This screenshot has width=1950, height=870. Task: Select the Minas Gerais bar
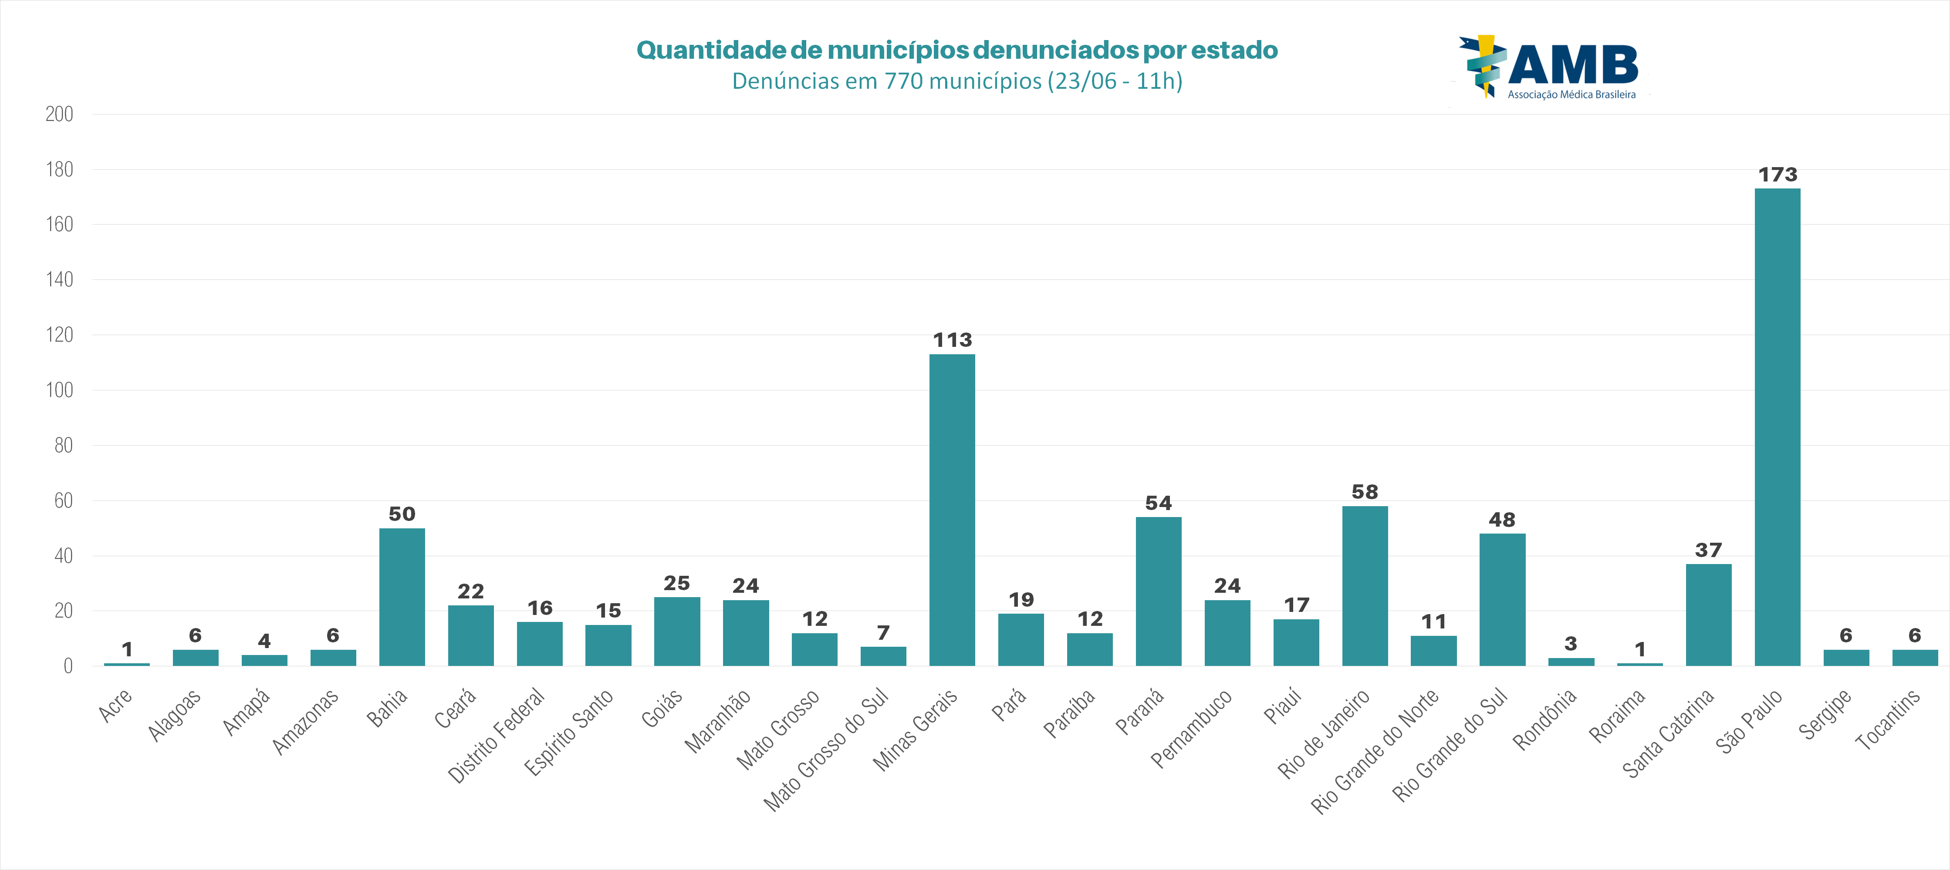click(x=952, y=511)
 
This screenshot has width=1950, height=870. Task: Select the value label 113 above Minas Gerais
click(x=952, y=340)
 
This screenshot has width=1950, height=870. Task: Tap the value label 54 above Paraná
click(x=1158, y=503)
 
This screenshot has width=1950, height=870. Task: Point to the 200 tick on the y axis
click(x=59, y=114)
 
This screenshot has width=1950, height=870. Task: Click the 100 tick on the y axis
click(x=59, y=390)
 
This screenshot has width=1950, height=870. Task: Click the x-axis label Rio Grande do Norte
click(x=1375, y=750)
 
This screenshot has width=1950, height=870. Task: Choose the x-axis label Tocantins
click(x=1887, y=719)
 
